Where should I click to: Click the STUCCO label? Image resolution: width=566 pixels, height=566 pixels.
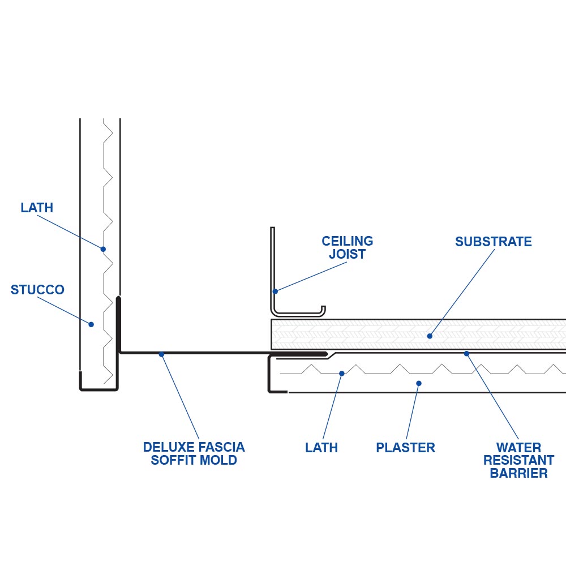pos(37,290)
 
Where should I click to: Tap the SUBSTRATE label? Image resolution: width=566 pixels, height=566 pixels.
pos(493,242)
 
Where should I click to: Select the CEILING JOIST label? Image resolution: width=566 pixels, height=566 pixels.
pos(348,248)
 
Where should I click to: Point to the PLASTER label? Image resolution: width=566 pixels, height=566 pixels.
pos(405,448)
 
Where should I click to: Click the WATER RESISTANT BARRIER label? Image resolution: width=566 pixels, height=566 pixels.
pos(518,460)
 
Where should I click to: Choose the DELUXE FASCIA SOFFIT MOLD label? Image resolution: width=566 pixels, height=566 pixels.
pos(194,453)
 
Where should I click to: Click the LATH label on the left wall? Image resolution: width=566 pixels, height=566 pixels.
pos(37,208)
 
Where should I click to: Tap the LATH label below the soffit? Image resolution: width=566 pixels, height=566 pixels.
pos(321,448)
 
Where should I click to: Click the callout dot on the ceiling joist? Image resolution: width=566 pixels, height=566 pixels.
pos(275,292)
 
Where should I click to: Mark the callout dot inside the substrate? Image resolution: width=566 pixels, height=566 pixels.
pos(430,336)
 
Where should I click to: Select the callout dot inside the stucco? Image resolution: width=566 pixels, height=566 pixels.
pos(91,324)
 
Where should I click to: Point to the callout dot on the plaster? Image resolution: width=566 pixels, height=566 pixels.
pos(419,383)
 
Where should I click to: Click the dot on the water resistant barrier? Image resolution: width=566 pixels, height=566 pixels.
pos(467,354)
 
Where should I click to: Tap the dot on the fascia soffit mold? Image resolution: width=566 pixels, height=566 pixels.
pos(161,354)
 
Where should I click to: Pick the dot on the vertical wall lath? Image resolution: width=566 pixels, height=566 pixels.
pos(103,249)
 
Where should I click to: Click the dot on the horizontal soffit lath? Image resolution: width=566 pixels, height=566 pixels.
pos(341,373)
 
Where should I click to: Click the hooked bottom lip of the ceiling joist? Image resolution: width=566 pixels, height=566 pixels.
pos(322,310)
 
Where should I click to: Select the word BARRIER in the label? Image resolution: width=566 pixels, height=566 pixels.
pos(518,473)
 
